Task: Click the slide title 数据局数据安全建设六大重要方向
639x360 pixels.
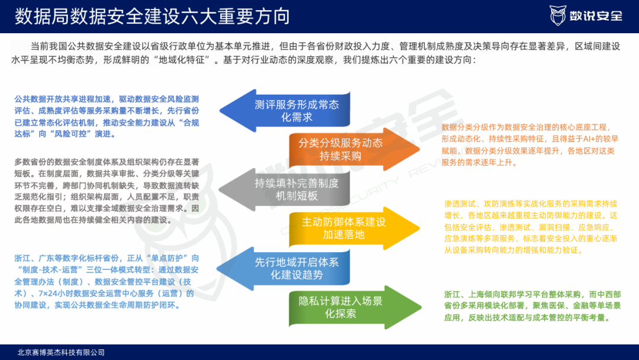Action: pos(153,16)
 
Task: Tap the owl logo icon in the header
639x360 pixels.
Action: pos(557,15)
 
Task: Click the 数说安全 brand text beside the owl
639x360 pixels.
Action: pos(598,16)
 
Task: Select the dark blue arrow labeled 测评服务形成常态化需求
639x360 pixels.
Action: pos(290,111)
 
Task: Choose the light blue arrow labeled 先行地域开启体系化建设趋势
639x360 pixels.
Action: pos(290,268)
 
